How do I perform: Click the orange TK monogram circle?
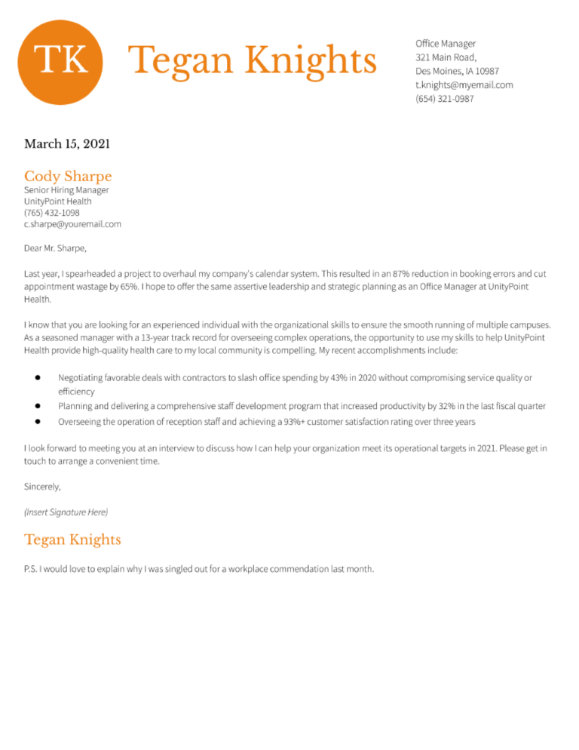click(x=60, y=61)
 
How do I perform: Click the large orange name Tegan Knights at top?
click(x=253, y=60)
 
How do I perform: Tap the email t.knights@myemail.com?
click(x=464, y=85)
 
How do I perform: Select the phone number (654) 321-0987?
click(x=445, y=98)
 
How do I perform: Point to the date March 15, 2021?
click(x=67, y=143)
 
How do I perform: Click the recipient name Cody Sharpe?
click(x=68, y=177)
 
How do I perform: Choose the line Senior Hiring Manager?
click(x=66, y=190)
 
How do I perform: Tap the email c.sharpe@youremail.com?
click(x=72, y=224)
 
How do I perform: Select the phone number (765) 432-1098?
click(x=51, y=213)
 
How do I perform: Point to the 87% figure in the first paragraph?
click(x=401, y=272)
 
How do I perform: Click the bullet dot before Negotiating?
click(x=37, y=377)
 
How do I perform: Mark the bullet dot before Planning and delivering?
click(x=37, y=406)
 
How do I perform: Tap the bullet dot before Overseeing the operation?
click(x=37, y=421)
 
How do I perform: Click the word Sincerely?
click(x=42, y=487)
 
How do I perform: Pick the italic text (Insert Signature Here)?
click(x=66, y=512)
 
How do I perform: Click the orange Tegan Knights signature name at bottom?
click(x=72, y=539)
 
